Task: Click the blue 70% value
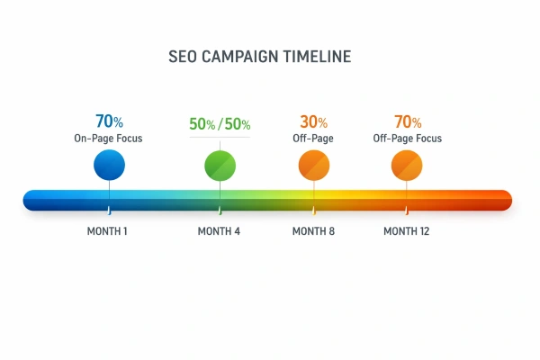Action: click(108, 121)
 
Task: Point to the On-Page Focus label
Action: click(108, 139)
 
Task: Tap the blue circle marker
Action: click(109, 165)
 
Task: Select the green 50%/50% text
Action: click(220, 124)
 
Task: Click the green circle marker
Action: click(220, 165)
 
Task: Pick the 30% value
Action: click(314, 121)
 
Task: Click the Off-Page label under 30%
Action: click(314, 139)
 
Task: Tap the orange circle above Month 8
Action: click(314, 165)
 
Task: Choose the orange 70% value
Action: click(408, 121)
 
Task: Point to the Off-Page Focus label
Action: click(408, 139)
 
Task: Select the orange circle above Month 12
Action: click(407, 165)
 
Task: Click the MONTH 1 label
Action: click(107, 231)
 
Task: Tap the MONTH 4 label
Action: click(219, 231)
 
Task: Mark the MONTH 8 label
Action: click(313, 231)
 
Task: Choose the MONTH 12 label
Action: click(406, 231)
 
